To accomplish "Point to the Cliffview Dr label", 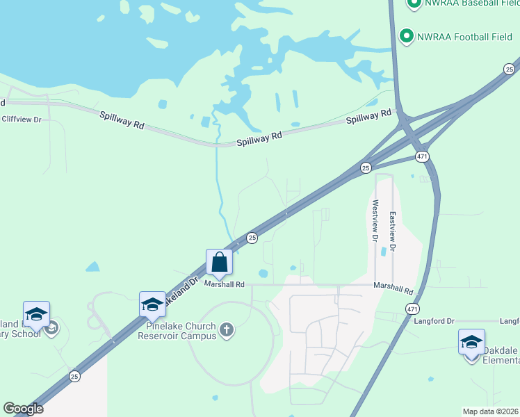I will point(22,120).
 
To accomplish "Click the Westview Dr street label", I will point(375,221).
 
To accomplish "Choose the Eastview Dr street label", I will point(393,231).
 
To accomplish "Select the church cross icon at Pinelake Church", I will point(226,330).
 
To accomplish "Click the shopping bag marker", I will point(219,263).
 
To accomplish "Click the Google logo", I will point(23,409).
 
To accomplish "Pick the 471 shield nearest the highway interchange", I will point(422,156).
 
